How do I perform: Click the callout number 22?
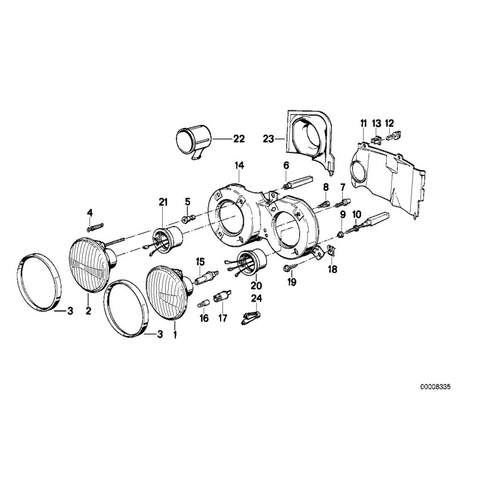point(222,140)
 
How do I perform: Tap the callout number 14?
point(238,165)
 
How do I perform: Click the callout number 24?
point(256,298)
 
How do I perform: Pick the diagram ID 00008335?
point(434,386)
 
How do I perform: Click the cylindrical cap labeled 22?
point(195,141)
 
